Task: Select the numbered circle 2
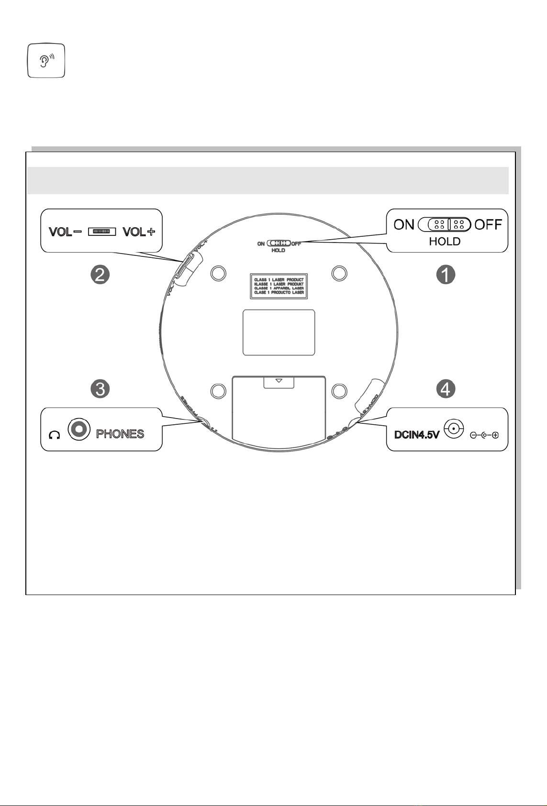100,275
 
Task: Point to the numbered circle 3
100,389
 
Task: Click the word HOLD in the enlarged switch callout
445,242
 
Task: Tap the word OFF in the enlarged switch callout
488,224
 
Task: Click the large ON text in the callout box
404,224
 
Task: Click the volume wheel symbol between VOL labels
102,232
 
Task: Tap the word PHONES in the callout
120,434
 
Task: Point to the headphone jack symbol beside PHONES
79,429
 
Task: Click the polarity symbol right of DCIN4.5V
484,435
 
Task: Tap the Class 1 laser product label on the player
279,286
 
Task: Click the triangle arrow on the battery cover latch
279,381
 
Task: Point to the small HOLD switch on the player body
279,243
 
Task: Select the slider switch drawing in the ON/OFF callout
445,224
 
